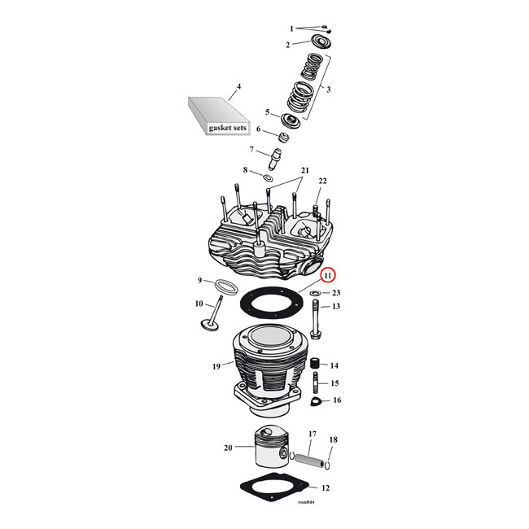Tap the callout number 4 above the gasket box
[x=238, y=86]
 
